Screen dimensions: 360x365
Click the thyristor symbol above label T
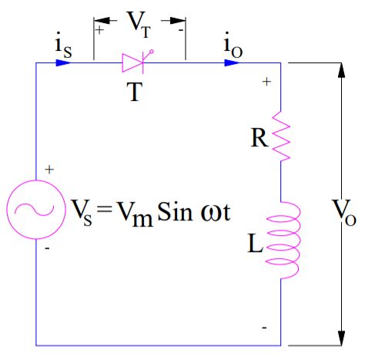pyautogui.click(x=139, y=62)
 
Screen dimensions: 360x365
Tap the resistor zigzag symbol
pyautogui.click(x=280, y=139)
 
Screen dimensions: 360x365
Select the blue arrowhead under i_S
pyautogui.click(x=64, y=62)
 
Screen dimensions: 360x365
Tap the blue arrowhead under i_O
pyautogui.click(x=231, y=62)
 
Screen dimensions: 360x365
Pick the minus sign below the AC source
pyautogui.click(x=49, y=249)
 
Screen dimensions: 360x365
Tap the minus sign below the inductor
pyautogui.click(x=265, y=327)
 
